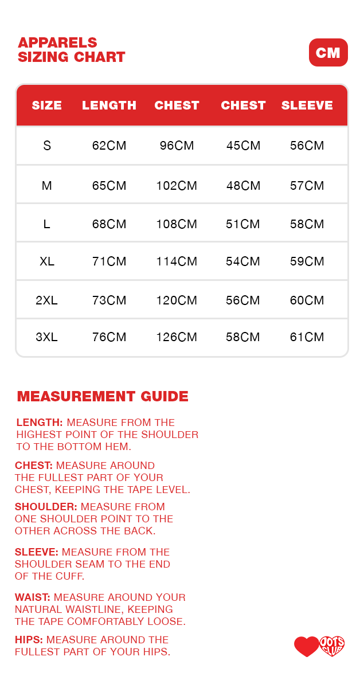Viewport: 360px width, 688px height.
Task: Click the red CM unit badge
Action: click(328, 53)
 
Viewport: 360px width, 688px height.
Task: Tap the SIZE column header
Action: click(46, 105)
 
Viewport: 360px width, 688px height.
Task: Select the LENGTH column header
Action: click(109, 105)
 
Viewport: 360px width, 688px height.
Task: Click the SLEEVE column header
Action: click(307, 105)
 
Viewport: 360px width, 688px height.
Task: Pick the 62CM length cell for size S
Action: click(109, 146)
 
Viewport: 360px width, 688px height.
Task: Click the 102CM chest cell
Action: click(177, 186)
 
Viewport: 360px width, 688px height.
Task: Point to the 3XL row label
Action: click(46, 337)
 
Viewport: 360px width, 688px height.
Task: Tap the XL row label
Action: click(46, 261)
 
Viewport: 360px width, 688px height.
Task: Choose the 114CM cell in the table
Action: click(177, 261)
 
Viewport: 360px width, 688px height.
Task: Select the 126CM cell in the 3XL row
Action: click(177, 337)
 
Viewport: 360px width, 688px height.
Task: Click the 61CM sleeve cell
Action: click(307, 337)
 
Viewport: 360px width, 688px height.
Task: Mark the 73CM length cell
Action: click(109, 300)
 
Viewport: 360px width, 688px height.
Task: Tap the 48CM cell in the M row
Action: click(243, 186)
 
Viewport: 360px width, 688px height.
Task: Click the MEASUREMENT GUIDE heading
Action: click(103, 396)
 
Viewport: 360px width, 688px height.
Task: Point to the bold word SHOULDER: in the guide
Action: click(46, 507)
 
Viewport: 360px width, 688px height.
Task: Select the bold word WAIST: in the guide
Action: click(33, 597)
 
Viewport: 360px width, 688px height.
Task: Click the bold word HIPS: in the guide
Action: click(29, 640)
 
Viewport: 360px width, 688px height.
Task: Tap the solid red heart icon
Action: click(306, 647)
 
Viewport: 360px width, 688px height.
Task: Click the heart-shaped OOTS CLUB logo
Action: click(332, 646)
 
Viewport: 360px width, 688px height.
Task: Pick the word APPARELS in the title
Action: click(57, 43)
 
